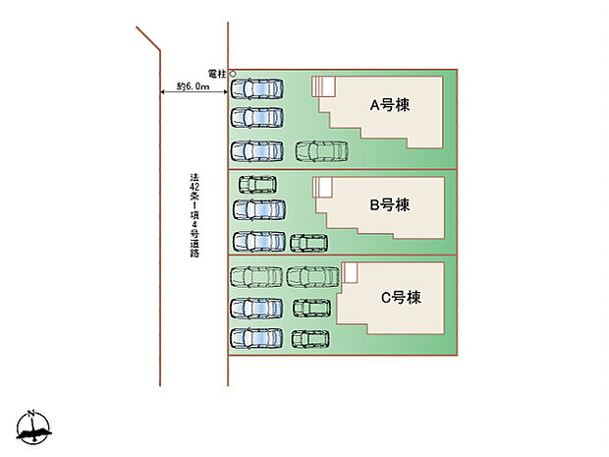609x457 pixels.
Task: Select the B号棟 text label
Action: click(x=389, y=205)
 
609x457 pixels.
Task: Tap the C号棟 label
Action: click(x=400, y=296)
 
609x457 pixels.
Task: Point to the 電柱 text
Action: click(x=218, y=74)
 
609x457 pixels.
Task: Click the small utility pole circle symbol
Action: click(x=233, y=74)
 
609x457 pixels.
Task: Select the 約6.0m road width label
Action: click(x=194, y=87)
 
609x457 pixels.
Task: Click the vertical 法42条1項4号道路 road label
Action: click(x=194, y=215)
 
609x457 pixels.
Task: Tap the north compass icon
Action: click(x=32, y=428)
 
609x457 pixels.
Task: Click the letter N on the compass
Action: click(x=31, y=413)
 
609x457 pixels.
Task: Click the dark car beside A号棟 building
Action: click(x=321, y=151)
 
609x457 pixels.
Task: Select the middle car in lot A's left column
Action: click(x=255, y=119)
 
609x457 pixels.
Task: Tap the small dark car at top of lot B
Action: click(x=257, y=184)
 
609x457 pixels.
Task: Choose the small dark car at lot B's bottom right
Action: click(x=308, y=243)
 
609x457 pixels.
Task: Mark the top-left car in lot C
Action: click(x=255, y=277)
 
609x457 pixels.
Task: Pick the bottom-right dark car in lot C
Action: click(x=310, y=340)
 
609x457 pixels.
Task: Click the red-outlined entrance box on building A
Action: click(x=324, y=86)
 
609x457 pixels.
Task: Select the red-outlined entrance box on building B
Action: click(x=322, y=187)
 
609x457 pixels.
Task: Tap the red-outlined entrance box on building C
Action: click(x=350, y=271)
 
